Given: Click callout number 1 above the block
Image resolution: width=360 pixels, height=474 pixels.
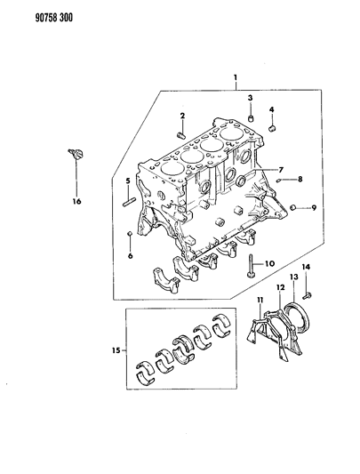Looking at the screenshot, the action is click(x=236, y=77).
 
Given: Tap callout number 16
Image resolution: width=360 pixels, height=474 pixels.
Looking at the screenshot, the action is click(x=76, y=201).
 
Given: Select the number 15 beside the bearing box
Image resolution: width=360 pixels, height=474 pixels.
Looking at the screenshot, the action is click(x=116, y=350).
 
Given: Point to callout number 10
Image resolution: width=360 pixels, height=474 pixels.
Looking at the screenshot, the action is click(x=269, y=263).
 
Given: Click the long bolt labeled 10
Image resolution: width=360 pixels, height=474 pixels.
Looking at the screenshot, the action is click(x=251, y=265).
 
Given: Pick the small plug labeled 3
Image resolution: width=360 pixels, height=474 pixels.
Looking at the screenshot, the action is click(x=251, y=118).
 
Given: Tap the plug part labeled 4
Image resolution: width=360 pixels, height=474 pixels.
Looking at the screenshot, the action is click(x=273, y=128).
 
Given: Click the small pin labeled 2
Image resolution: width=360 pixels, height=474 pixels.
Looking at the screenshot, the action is click(x=180, y=134).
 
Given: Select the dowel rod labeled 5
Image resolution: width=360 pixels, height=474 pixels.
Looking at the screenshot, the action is click(x=129, y=202).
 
